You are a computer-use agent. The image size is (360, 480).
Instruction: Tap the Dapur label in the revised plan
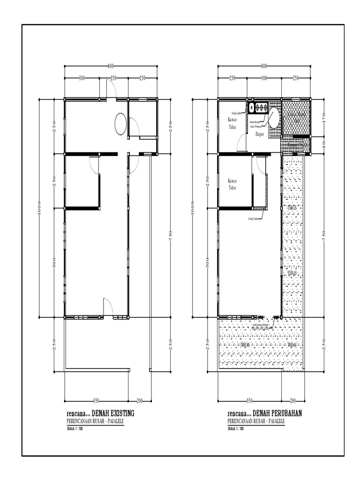tap(260, 134)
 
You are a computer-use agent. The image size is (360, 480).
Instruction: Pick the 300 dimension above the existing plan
tap(82, 78)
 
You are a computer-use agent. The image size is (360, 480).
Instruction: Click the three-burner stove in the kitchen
tap(259, 108)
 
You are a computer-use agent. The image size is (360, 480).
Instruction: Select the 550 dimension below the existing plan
tap(96, 401)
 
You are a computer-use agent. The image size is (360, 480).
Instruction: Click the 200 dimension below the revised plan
tap(293, 401)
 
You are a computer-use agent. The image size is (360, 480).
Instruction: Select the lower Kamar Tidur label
tap(232, 184)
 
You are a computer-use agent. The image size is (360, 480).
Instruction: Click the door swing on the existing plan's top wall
tap(111, 89)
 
